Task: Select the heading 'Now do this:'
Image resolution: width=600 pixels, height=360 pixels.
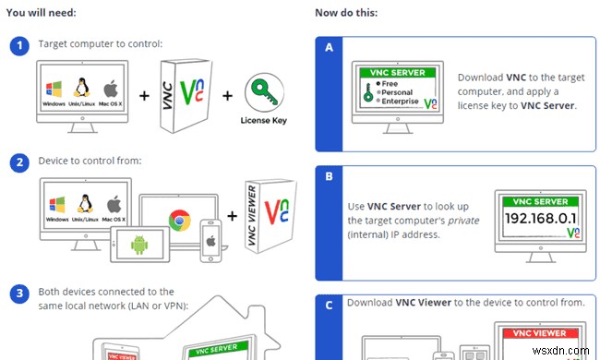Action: click(x=347, y=13)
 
